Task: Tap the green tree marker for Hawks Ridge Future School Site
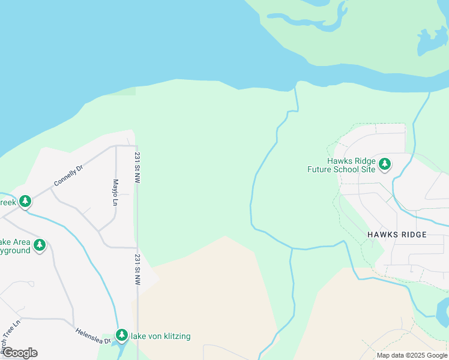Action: pyautogui.click(x=385, y=163)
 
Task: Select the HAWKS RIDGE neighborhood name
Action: pyautogui.click(x=397, y=235)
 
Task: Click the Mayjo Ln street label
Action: pyautogui.click(x=115, y=192)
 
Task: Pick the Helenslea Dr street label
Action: pyautogui.click(x=92, y=335)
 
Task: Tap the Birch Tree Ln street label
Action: pyautogui.click(x=10, y=335)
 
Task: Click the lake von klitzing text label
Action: pyautogui.click(x=161, y=337)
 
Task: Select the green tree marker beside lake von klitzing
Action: pyautogui.click(x=122, y=334)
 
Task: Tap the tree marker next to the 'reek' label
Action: pyautogui.click(x=25, y=201)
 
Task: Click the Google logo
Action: pyautogui.click(x=19, y=353)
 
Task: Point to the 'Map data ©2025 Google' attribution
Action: pyautogui.click(x=412, y=355)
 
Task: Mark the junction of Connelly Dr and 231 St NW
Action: pyautogui.click(x=136, y=146)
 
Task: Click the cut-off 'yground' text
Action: pyautogui.click(x=15, y=250)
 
